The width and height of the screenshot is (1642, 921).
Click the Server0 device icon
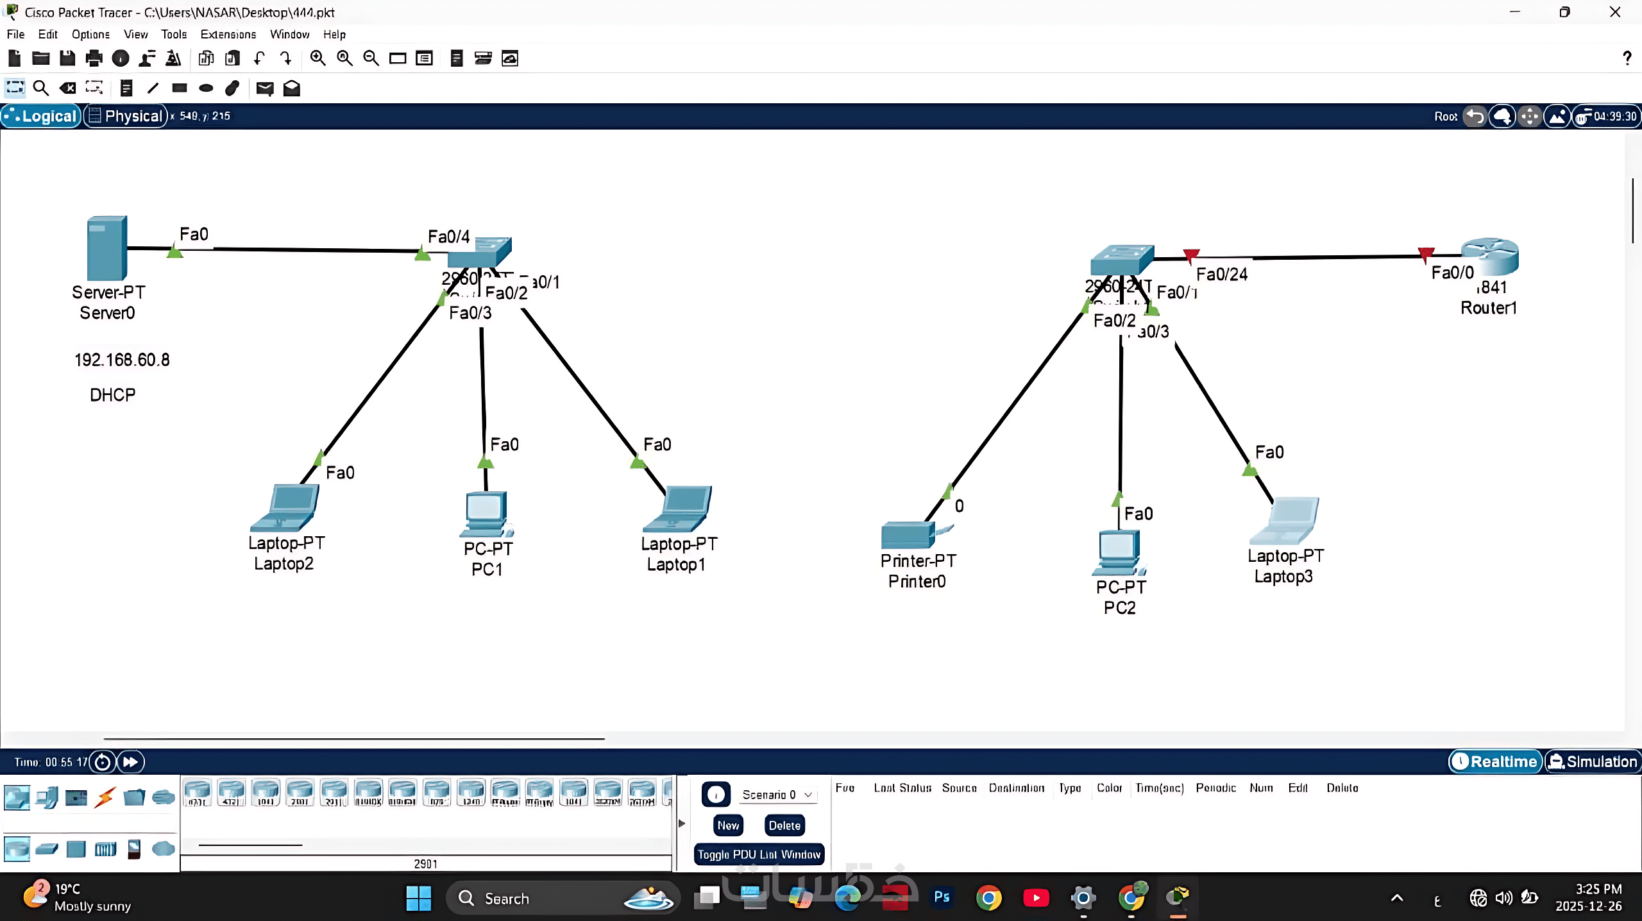tap(107, 248)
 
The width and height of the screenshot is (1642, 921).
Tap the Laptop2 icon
tap(286, 508)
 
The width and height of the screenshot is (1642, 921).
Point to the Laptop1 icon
tap(679, 509)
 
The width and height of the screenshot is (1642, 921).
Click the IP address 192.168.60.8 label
tap(122, 360)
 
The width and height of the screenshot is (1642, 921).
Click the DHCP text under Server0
tap(113, 395)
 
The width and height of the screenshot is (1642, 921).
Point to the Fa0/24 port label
tap(1222, 275)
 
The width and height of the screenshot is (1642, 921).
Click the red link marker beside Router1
tap(1425, 255)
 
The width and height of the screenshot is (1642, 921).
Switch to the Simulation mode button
tap(1593, 761)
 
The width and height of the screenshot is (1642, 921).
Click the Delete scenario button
tap(784, 825)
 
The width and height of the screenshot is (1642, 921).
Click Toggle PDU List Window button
tap(759, 854)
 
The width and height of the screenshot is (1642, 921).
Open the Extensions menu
tap(228, 35)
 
